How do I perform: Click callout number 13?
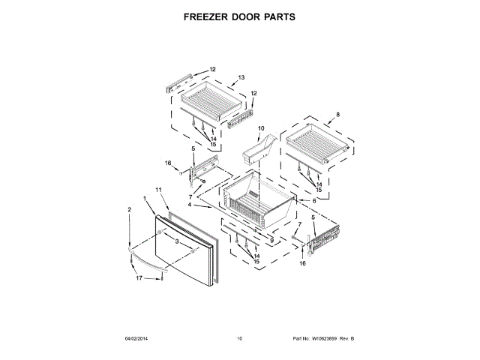pos(241,78)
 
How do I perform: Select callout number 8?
pos(337,115)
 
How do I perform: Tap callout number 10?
pos(262,128)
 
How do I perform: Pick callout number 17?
pos(139,279)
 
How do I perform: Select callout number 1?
pos(145,199)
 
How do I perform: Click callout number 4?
pos(190,205)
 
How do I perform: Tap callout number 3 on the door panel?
pos(176,241)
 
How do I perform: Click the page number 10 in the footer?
pos(240,339)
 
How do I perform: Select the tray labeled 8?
pos(315,142)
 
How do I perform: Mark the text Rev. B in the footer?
pos(346,339)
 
